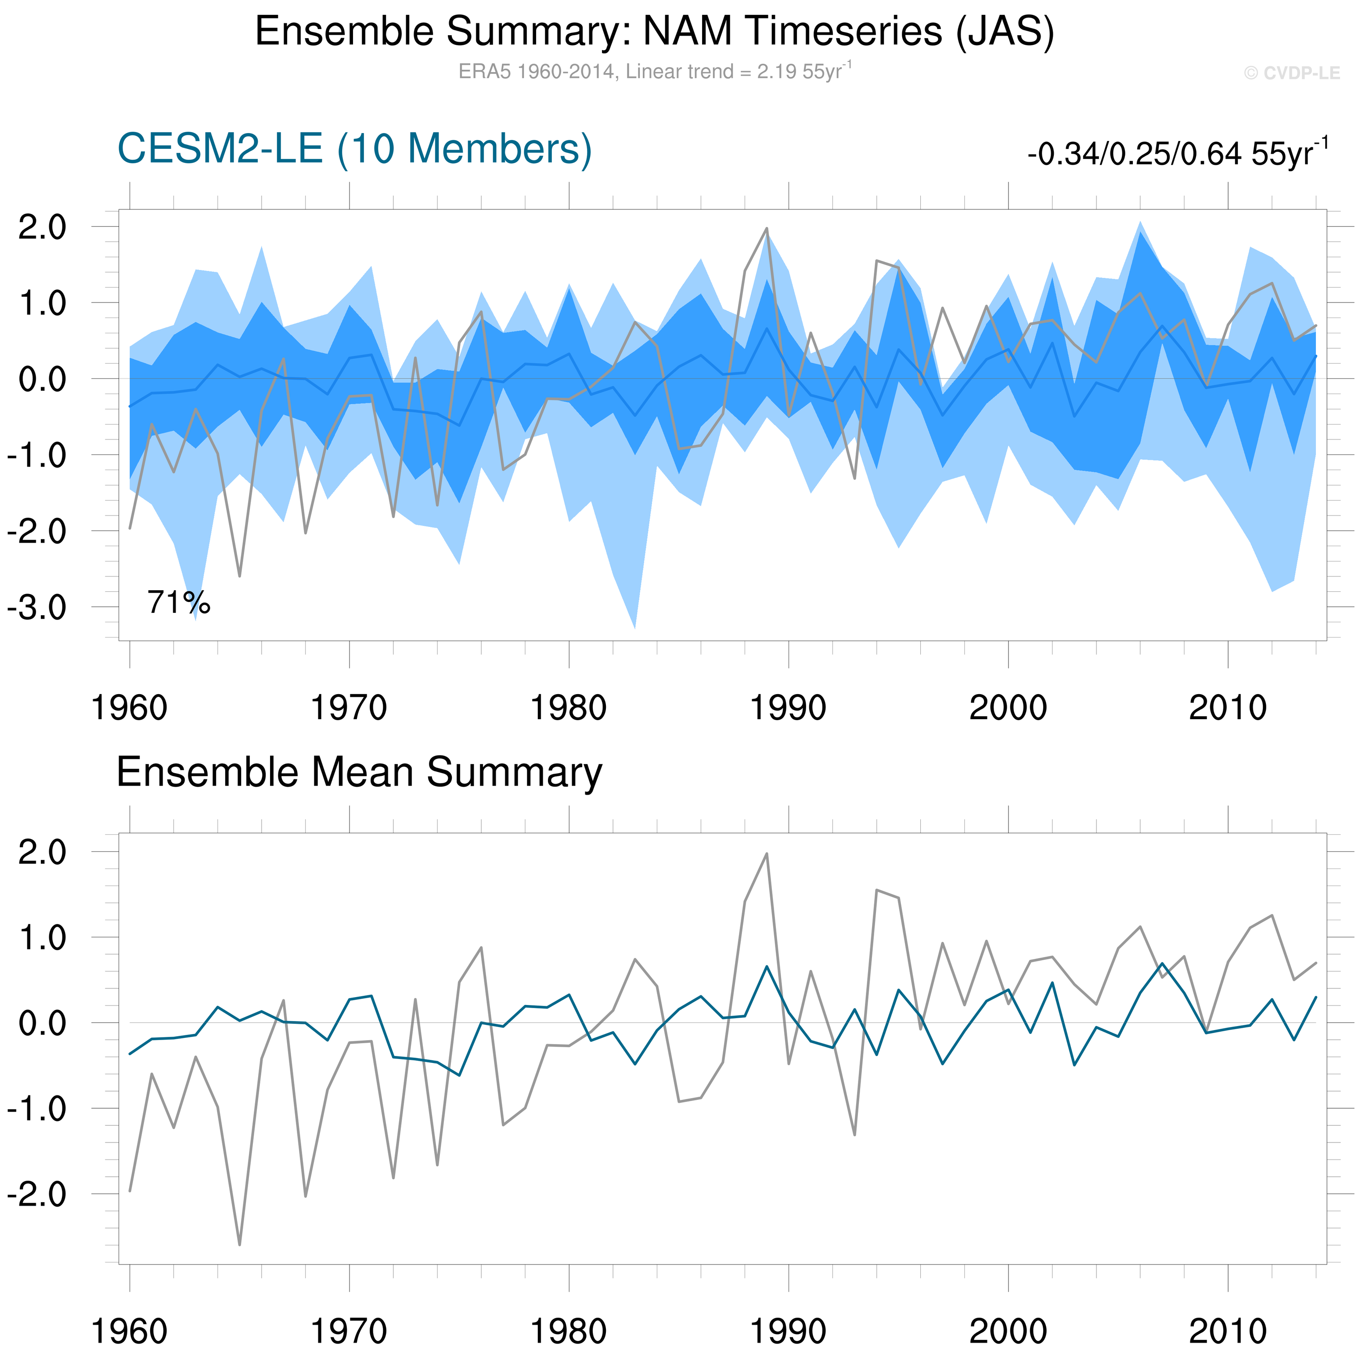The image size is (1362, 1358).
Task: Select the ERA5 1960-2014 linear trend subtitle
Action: pyautogui.click(x=654, y=71)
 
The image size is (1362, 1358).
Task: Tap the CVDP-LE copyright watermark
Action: pyautogui.click(x=1291, y=73)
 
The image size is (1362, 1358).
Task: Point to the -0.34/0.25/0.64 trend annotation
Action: pyautogui.click(x=1177, y=153)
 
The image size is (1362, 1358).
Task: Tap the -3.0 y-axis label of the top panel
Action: pyautogui.click(x=36, y=607)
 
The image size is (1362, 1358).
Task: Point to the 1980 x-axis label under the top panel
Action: pyautogui.click(x=568, y=708)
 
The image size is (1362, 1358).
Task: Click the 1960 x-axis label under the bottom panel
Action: pyautogui.click(x=130, y=1331)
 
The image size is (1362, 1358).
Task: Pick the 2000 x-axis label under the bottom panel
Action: pyautogui.click(x=1008, y=1331)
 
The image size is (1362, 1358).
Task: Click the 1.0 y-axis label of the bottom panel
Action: pyautogui.click(x=42, y=938)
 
